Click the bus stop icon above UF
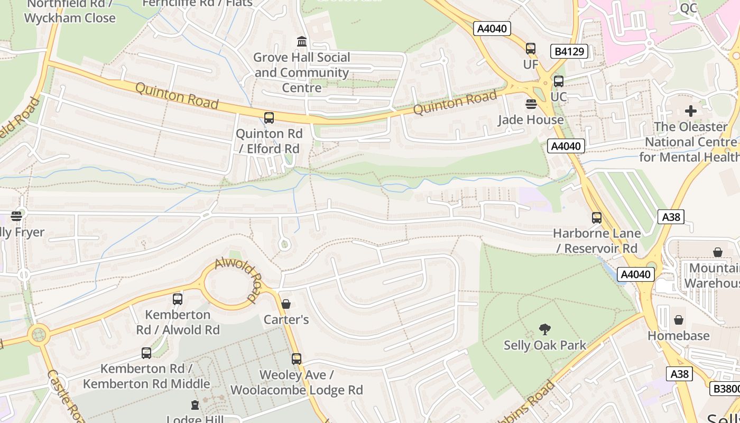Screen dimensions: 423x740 (x=531, y=49)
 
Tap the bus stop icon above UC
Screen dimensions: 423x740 (x=559, y=81)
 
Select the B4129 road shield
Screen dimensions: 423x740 (x=569, y=51)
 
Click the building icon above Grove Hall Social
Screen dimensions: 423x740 (x=302, y=41)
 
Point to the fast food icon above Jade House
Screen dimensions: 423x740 (x=531, y=104)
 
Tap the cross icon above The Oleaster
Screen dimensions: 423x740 (x=690, y=111)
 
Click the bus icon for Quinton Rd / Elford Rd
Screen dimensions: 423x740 (x=269, y=118)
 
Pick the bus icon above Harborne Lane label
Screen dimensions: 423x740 (x=597, y=218)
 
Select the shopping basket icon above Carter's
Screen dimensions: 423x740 (x=286, y=304)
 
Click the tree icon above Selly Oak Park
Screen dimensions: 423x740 (x=545, y=329)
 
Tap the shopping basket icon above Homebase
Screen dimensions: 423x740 (x=679, y=320)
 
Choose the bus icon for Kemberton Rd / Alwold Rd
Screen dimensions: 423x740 (x=178, y=299)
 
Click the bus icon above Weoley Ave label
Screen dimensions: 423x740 (x=297, y=359)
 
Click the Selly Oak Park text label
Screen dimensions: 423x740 (x=545, y=345)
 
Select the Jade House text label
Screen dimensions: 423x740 (x=531, y=119)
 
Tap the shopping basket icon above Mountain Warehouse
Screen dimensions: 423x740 (x=718, y=252)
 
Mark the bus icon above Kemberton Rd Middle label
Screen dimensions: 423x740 (x=146, y=353)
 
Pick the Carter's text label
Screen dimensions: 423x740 (x=286, y=319)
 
